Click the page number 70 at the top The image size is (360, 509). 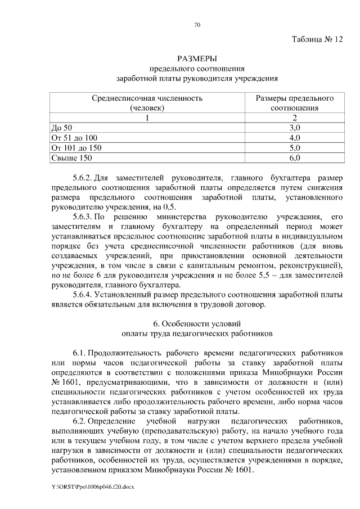pyautogui.click(x=197, y=25)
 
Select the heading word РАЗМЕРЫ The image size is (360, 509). pyautogui.click(x=197, y=59)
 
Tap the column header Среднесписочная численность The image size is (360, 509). pyautogui.click(x=147, y=98)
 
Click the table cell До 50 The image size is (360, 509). pyautogui.click(x=58, y=128)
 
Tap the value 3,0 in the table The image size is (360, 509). pyautogui.click(x=295, y=128)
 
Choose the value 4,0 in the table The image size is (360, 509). pyautogui.click(x=295, y=138)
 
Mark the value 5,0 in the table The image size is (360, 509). pyautogui.click(x=295, y=148)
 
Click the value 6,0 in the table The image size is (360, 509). pyautogui.click(x=295, y=158)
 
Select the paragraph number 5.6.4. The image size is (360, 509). pyautogui.click(x=83, y=295)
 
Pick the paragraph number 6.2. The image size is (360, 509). pyautogui.click(x=79, y=421)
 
